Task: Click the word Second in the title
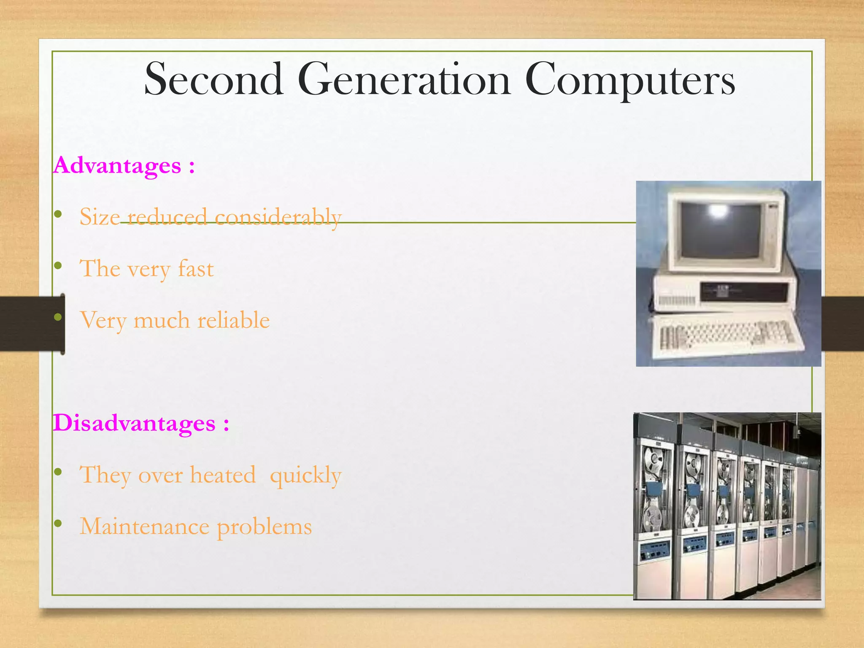coord(213,79)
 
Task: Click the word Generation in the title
coord(404,79)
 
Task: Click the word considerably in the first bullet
coord(278,218)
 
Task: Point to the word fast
coord(196,269)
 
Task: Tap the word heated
coord(223,475)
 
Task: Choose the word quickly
coord(305,476)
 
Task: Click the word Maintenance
coord(145,527)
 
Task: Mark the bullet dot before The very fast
coord(58,266)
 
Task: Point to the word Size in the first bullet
coord(100,217)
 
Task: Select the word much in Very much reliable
coord(162,320)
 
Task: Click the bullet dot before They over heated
coord(58,472)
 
